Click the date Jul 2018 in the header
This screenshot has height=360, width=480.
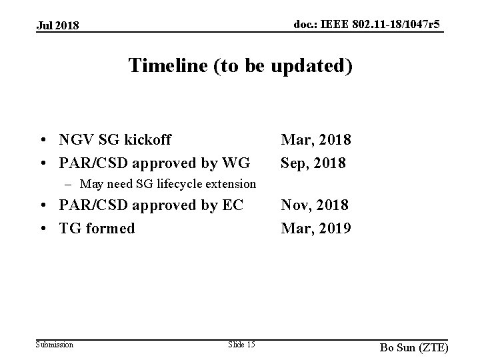point(57,26)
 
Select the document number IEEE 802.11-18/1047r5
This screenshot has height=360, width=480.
point(368,25)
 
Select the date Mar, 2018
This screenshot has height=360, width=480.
point(316,140)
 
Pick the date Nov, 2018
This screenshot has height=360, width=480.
point(315,205)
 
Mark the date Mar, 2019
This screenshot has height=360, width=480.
point(316,228)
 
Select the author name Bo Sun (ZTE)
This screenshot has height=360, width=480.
point(413,347)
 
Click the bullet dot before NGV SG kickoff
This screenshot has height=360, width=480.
point(43,141)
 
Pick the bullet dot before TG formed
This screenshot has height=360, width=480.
point(43,229)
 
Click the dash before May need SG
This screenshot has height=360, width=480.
point(69,183)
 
